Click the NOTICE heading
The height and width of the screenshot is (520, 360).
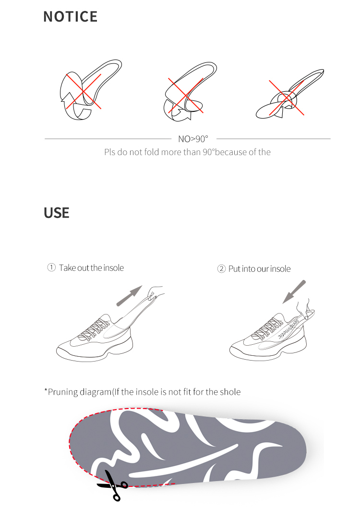pos(70,17)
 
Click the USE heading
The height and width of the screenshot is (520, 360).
pos(56,213)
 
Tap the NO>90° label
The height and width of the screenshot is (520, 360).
pos(193,139)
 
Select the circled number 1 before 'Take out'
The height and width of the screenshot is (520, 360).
pos(51,267)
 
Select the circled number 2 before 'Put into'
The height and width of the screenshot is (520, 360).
pos(221,268)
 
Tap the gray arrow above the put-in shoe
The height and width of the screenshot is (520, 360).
pos(294,291)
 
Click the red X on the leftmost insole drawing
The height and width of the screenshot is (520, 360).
pos(84,91)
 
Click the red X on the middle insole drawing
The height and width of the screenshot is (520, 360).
pos(186,96)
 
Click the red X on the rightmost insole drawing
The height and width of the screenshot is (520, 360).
pos(287,98)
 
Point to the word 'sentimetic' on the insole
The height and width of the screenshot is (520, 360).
pos(288,328)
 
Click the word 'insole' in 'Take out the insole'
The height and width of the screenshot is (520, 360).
pos(113,267)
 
